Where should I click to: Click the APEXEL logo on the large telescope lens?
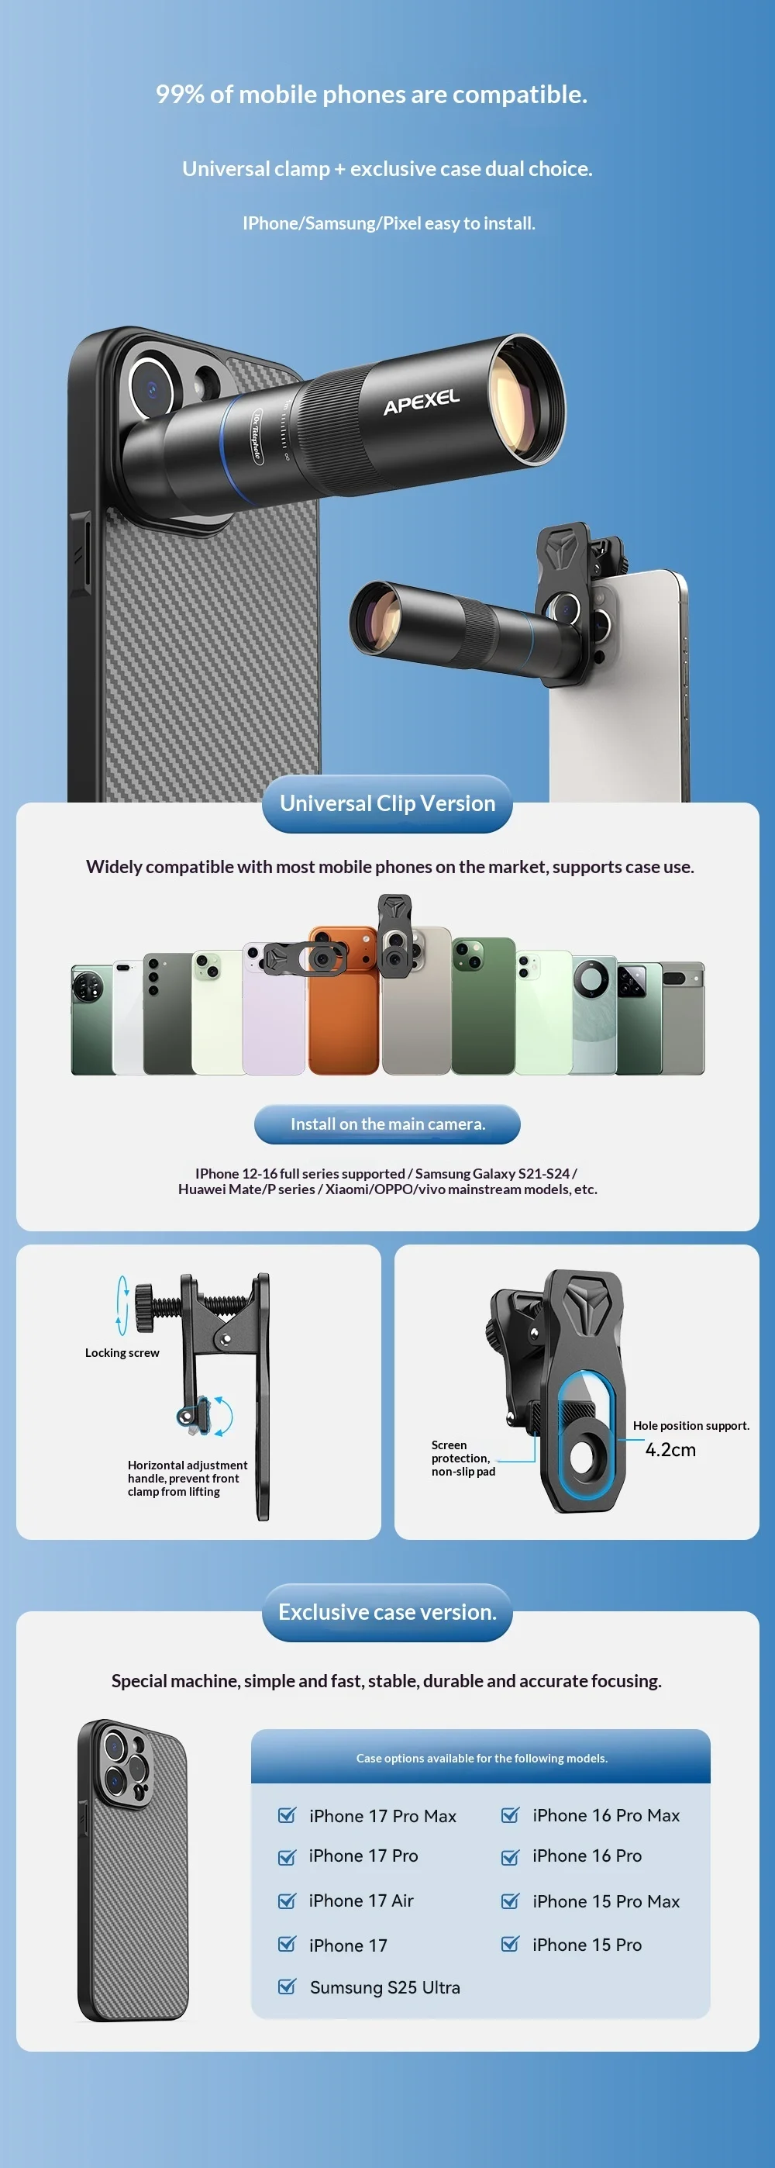point(422,402)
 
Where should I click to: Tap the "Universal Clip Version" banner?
point(387,804)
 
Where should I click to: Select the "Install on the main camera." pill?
point(387,1124)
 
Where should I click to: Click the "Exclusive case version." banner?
point(387,1613)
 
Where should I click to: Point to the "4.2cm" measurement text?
point(670,1449)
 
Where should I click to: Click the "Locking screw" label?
point(122,1352)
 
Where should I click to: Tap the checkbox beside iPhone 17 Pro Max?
point(287,1815)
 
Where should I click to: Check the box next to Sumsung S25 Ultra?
point(287,1987)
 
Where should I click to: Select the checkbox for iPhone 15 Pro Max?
point(510,1901)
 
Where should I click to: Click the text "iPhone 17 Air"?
point(361,1901)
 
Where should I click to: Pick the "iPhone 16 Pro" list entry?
point(587,1856)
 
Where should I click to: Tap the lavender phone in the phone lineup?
point(274,1009)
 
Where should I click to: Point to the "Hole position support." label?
point(691,1426)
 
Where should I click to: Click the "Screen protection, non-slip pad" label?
point(463,1458)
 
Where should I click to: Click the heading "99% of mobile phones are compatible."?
point(371,95)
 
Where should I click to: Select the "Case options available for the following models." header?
point(481,1758)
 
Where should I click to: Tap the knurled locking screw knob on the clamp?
point(144,1308)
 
